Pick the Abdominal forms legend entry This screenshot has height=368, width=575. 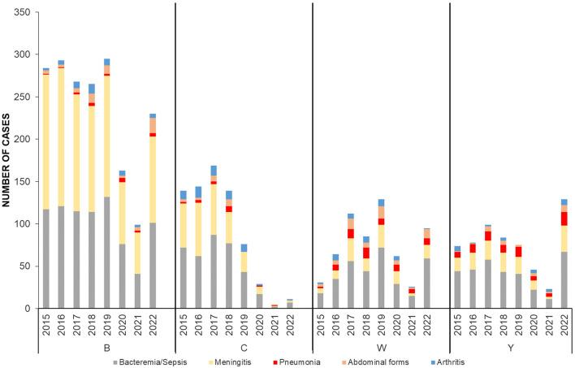pos(392,360)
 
